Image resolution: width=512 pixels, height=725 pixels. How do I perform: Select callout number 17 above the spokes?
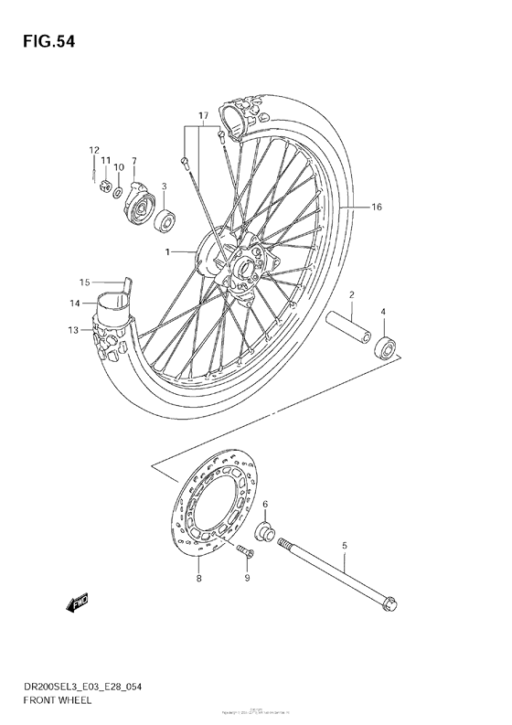coord(203,115)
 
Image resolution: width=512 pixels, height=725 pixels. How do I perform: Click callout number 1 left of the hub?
coord(167,251)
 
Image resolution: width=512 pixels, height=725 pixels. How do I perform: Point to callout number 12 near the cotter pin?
coord(93,150)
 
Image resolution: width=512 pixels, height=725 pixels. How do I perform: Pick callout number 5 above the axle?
coord(344,547)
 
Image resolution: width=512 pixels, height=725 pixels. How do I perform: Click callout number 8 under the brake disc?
coord(198,578)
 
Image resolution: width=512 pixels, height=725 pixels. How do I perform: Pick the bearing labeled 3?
coord(165,220)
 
